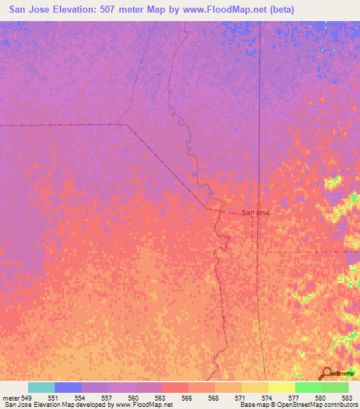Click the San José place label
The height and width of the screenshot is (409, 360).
(x=255, y=212)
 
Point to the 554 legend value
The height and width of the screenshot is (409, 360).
(x=82, y=398)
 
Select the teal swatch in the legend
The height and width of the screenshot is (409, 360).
(x=41, y=387)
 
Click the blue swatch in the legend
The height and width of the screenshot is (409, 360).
(x=68, y=387)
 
